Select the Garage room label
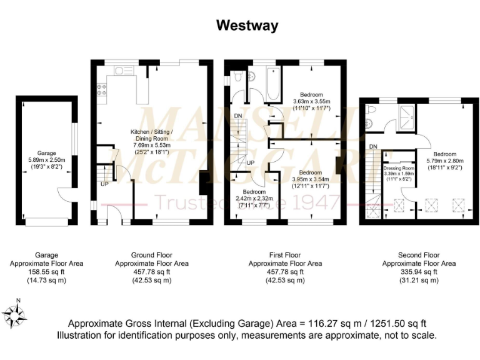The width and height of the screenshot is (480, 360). point(46,152)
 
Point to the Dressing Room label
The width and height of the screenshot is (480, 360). point(399,168)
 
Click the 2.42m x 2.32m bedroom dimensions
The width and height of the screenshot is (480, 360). point(254,199)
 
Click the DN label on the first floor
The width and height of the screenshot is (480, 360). point(238,116)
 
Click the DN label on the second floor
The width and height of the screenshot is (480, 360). point(373,146)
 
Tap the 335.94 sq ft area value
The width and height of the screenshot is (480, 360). point(419,272)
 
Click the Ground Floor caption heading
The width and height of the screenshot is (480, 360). point(151,255)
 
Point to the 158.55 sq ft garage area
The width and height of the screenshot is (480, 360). point(46,272)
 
